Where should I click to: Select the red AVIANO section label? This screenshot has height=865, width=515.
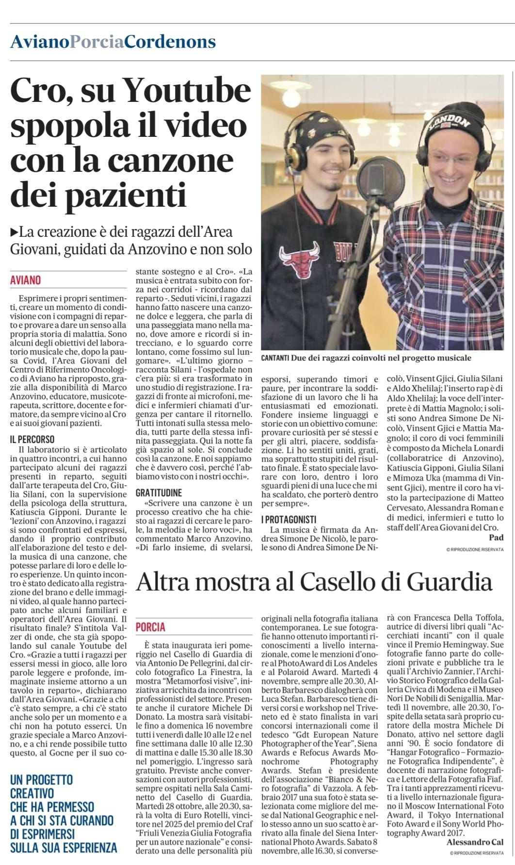tap(25, 280)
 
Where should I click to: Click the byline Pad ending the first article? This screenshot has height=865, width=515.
tap(496, 537)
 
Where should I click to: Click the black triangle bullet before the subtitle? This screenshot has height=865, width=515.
tap(14, 232)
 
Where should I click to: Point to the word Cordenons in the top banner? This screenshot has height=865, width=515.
tap(170, 42)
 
